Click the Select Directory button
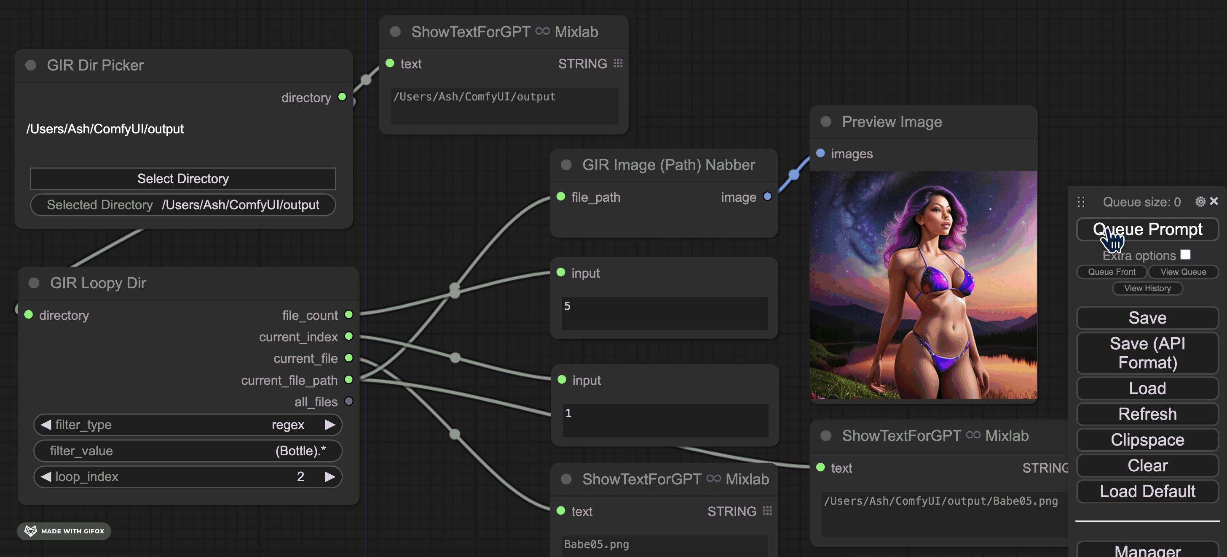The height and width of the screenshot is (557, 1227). pyautogui.click(x=183, y=179)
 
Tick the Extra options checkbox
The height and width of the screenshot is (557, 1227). pyautogui.click(x=1185, y=254)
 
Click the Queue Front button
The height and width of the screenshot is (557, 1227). pyautogui.click(x=1111, y=272)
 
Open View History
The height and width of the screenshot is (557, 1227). pyautogui.click(x=1147, y=289)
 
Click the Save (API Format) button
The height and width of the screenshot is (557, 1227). pyautogui.click(x=1147, y=353)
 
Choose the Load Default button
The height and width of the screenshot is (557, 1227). pyautogui.click(x=1147, y=491)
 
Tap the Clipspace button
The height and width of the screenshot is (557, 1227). pyautogui.click(x=1147, y=440)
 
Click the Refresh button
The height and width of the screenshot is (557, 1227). pyautogui.click(x=1147, y=414)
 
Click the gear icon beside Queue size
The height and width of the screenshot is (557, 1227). pyautogui.click(x=1200, y=202)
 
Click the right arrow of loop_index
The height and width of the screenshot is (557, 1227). pyautogui.click(x=330, y=476)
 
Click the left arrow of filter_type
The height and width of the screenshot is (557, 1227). pyautogui.click(x=46, y=425)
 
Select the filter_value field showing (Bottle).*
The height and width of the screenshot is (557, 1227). pyautogui.click(x=188, y=451)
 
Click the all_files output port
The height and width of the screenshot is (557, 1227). pyautogui.click(x=348, y=401)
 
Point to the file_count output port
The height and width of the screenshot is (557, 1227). pyautogui.click(x=348, y=314)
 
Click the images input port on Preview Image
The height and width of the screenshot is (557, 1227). pyautogui.click(x=820, y=153)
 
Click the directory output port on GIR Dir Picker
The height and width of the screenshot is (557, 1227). pyautogui.click(x=342, y=97)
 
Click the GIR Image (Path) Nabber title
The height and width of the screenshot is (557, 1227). pyautogui.click(x=668, y=165)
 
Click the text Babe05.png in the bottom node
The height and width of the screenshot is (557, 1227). pyautogui.click(x=596, y=544)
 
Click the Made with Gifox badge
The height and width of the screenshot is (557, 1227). pyautogui.click(x=64, y=531)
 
